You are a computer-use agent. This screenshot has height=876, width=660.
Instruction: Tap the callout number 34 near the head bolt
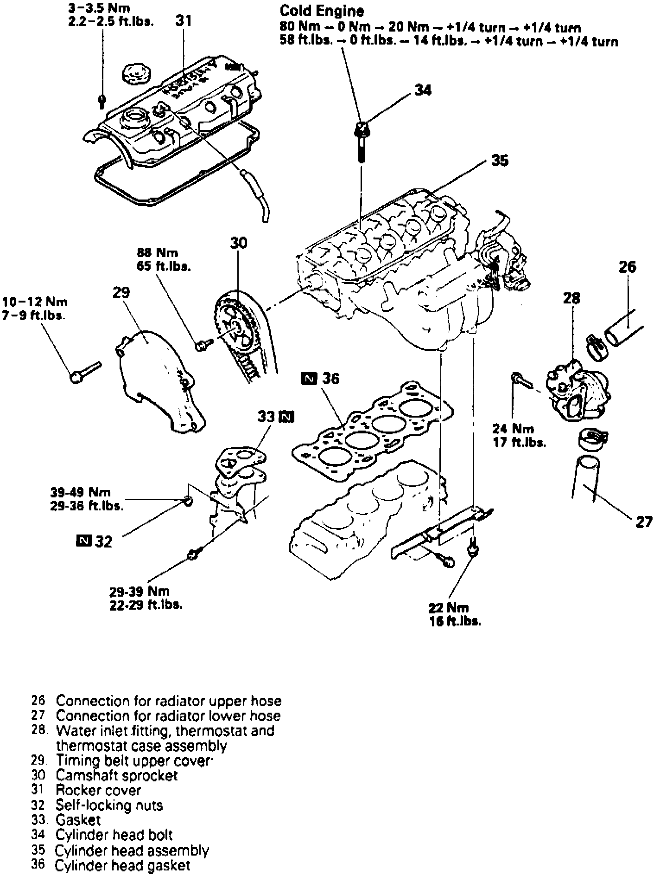[x=423, y=90]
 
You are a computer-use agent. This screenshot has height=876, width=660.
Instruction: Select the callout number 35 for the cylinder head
[x=500, y=161]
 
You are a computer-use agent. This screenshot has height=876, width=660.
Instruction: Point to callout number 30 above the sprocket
[x=238, y=243]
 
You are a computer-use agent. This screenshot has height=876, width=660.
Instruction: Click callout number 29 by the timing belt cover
[x=121, y=292]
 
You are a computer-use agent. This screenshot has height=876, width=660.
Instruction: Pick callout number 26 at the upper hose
[x=627, y=267]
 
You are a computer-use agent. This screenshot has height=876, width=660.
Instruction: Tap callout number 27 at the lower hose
[x=643, y=522]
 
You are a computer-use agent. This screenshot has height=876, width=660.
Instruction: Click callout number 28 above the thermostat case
[x=571, y=298]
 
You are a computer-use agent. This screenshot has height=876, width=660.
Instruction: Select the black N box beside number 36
[x=309, y=379]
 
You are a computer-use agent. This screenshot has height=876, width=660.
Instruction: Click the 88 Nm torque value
[x=158, y=253]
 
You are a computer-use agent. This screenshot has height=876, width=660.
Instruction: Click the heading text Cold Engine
[x=322, y=11]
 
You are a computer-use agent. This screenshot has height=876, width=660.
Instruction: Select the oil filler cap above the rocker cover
[x=134, y=74]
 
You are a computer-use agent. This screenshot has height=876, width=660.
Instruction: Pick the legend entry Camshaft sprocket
[x=116, y=775]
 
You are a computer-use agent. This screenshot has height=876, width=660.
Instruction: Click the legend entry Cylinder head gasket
[x=122, y=865]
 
